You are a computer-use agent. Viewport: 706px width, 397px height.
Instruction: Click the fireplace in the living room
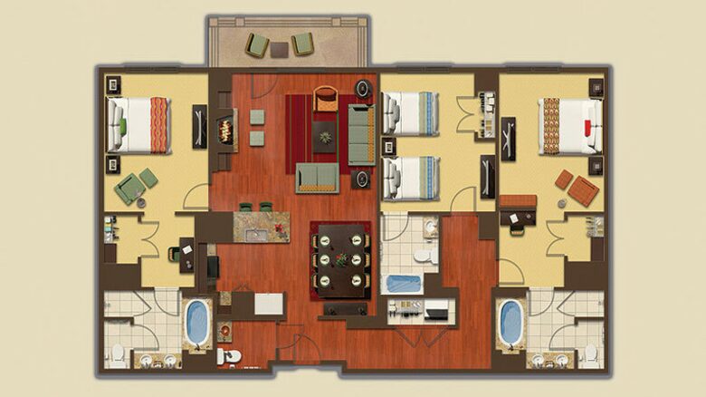[x=227, y=130]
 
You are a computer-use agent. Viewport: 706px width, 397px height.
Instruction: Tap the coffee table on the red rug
[x=325, y=137]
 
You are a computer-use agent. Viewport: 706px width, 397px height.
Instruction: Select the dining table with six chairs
[x=340, y=257]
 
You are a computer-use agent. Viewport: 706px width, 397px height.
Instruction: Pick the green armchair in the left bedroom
[x=129, y=188]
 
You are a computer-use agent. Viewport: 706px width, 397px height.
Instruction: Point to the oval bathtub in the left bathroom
[x=196, y=322]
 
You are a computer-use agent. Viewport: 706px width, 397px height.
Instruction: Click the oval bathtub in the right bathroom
[x=510, y=322]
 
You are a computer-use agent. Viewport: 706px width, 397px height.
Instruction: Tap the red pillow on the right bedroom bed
[x=590, y=124]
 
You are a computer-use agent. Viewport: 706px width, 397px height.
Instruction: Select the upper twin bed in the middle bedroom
[x=410, y=113]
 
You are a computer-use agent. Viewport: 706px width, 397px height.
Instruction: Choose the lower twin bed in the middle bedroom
[x=410, y=178]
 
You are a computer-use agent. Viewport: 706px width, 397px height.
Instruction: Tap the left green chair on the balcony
[x=257, y=44]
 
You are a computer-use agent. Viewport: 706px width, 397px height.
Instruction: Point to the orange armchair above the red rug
[x=325, y=98]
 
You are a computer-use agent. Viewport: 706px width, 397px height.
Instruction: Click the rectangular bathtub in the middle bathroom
[x=404, y=283]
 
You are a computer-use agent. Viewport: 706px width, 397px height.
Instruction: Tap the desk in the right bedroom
[x=517, y=204]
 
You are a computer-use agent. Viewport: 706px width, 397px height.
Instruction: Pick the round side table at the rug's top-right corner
[x=362, y=89]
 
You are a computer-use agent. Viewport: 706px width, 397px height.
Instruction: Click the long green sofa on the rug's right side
[x=361, y=134]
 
